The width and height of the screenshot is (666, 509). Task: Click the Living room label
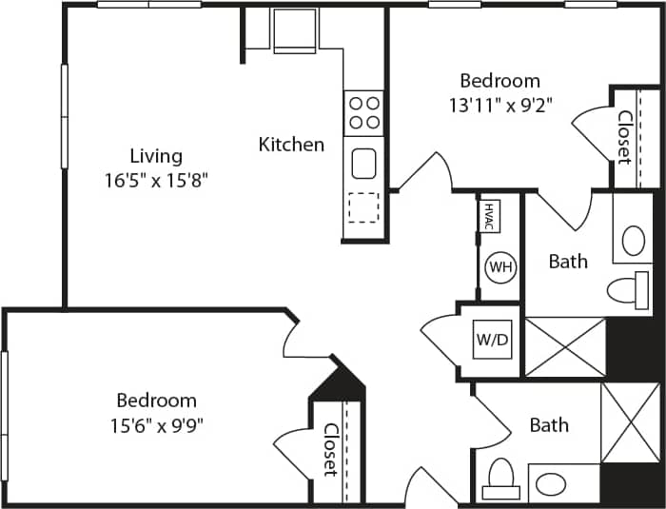point(156,156)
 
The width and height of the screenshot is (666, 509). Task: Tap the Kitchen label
point(291,145)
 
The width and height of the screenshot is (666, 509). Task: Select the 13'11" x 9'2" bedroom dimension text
point(500,105)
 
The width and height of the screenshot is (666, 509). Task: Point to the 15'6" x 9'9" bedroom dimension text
point(156,423)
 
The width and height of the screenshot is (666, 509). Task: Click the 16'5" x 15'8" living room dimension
point(156,179)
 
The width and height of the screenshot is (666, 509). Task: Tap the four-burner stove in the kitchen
point(363,111)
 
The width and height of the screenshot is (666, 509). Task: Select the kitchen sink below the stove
point(364,164)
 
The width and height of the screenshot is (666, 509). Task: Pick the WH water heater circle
point(500,267)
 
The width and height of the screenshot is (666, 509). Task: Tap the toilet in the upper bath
point(628,288)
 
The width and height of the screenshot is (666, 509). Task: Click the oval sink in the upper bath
point(635,242)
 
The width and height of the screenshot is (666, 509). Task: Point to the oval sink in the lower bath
point(551,484)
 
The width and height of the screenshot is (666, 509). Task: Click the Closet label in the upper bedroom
point(624,138)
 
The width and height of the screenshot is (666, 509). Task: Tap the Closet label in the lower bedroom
point(329,449)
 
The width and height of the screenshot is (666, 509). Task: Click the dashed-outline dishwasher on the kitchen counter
point(362,207)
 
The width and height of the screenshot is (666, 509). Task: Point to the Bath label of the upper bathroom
point(568,262)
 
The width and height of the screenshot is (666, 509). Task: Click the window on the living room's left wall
point(64,117)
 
